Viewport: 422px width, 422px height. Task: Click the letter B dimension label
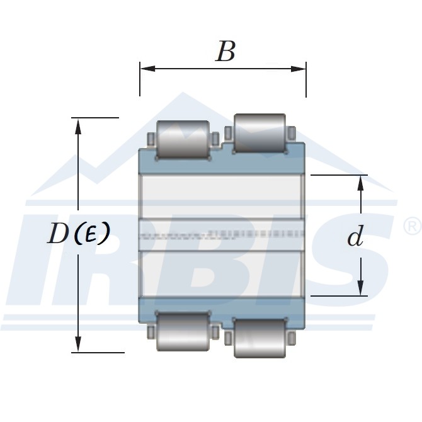coord(225,52)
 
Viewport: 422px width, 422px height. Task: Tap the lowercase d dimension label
coord(356,237)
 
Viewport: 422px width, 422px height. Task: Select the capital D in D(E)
coord(59,234)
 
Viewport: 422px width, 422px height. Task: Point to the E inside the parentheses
coord(92,234)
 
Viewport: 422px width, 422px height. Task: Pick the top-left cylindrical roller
coord(183,139)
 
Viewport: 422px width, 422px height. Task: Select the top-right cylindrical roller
coord(259,133)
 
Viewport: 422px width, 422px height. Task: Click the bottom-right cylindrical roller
coord(259,337)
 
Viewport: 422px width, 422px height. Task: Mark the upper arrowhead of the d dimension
coord(361,181)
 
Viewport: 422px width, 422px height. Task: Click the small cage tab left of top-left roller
coord(151,139)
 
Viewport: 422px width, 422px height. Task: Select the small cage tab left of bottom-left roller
coord(151,332)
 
